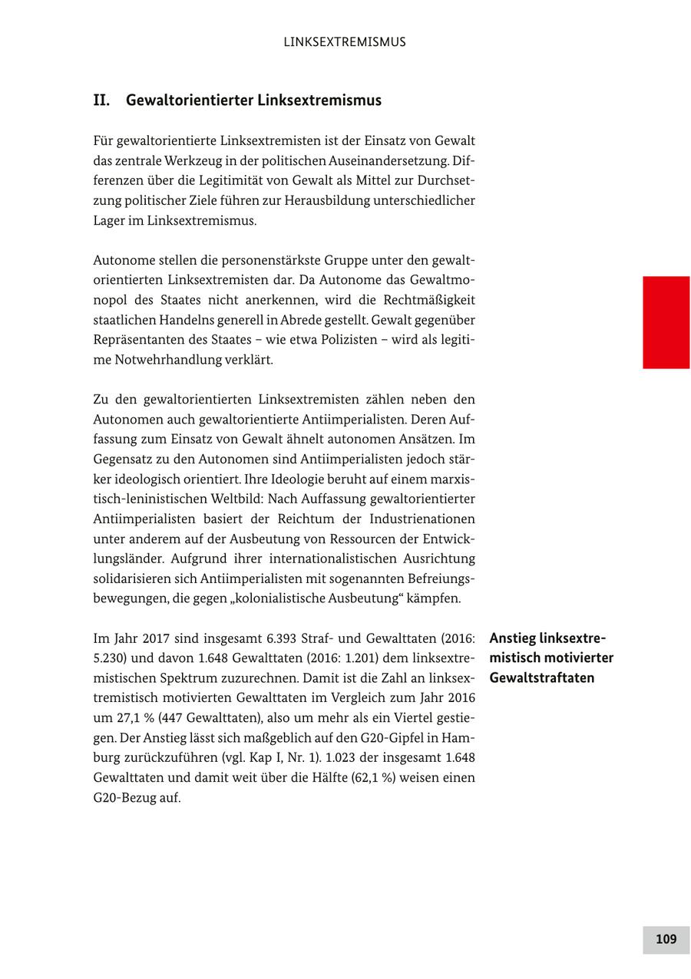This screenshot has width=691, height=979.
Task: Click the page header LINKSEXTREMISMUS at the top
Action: pos(345,42)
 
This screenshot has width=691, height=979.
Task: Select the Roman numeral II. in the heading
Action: pos(102,101)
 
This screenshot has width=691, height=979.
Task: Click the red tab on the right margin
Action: pos(666,322)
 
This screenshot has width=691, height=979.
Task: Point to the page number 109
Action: pos(666,939)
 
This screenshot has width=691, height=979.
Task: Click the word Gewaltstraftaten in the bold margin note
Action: pos(541,678)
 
